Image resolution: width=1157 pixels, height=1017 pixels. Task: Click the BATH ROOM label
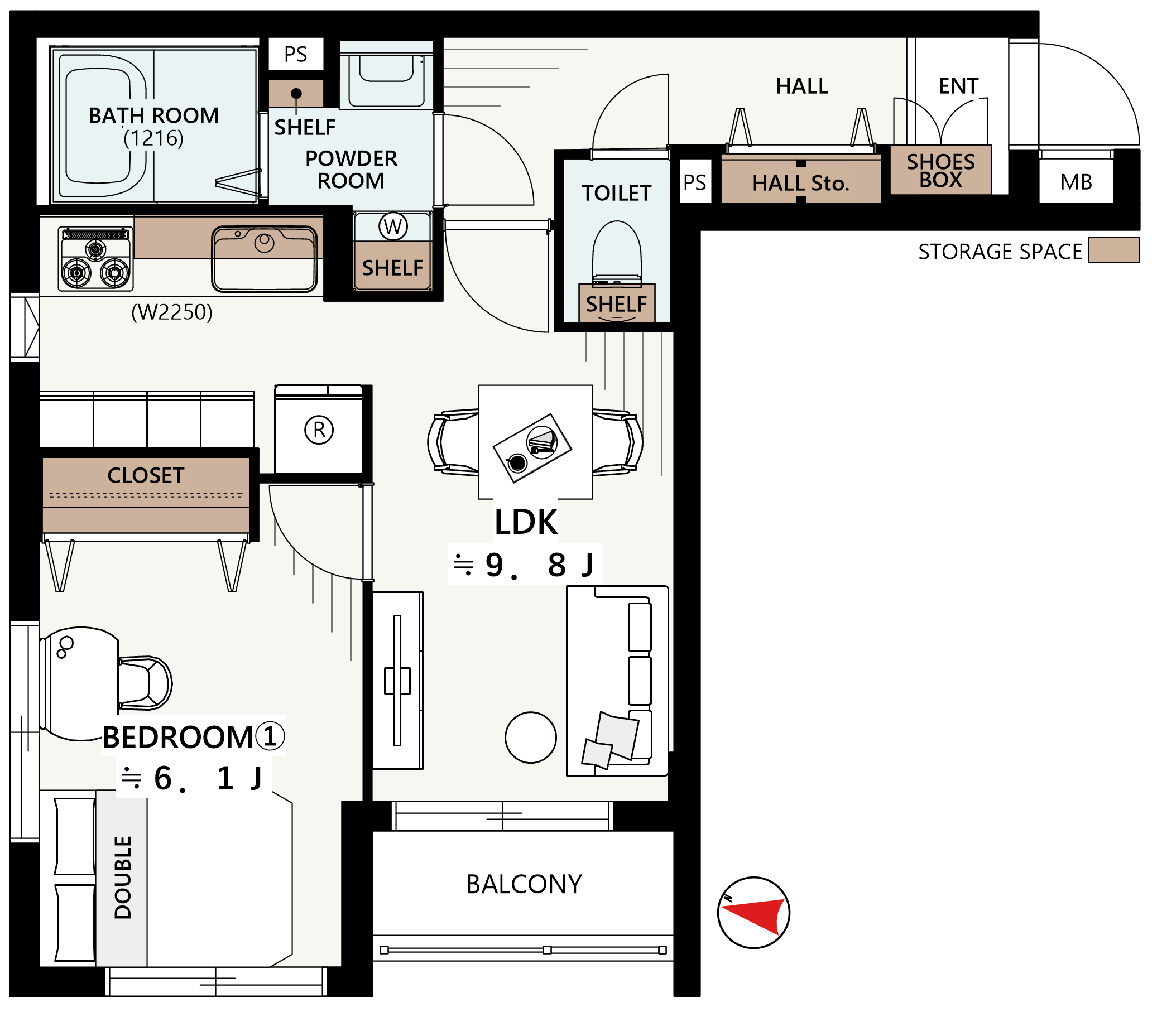tap(154, 115)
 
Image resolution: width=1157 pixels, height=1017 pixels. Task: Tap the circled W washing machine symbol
tap(393, 226)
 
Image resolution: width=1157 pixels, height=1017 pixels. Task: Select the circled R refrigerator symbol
tap(319, 430)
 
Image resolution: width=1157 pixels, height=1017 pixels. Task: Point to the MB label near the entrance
tap(1076, 182)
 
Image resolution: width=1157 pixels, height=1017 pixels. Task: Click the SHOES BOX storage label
tap(941, 170)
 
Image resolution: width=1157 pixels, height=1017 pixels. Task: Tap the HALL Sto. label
tap(801, 184)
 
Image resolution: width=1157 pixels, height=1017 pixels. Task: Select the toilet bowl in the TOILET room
tap(617, 252)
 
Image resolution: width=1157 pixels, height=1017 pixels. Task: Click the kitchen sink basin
tap(265, 259)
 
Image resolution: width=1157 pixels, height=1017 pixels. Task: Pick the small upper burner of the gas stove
tap(95, 249)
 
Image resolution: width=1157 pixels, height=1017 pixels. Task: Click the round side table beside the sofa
tap(531, 738)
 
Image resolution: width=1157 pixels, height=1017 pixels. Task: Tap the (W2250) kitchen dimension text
tap(172, 312)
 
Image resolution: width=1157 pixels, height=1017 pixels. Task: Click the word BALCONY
tap(524, 884)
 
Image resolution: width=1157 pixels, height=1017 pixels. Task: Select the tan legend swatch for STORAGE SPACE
tap(1114, 249)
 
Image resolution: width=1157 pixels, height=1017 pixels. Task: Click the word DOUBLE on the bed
tap(123, 878)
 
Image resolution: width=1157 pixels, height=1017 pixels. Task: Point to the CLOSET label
tap(146, 475)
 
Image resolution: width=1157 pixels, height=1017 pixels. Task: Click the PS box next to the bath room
tap(296, 54)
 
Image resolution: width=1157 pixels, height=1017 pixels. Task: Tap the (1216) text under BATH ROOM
tap(154, 138)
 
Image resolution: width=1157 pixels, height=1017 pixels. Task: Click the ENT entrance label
tap(959, 86)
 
